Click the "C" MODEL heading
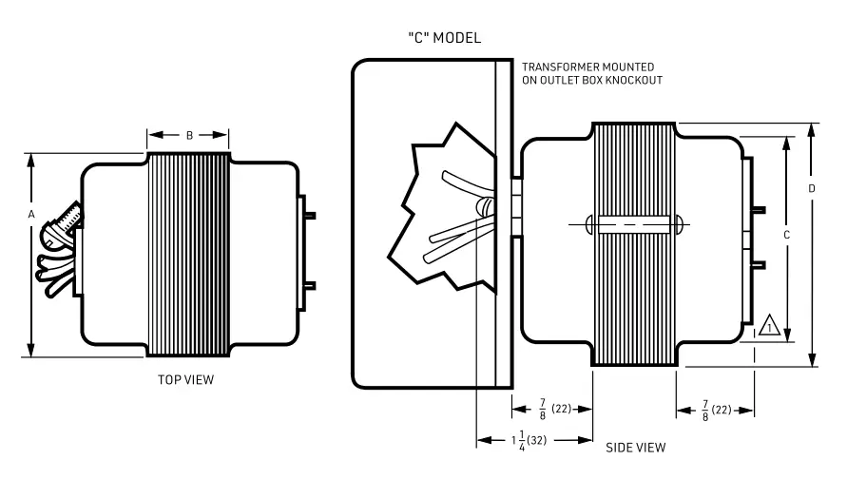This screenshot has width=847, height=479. tap(443, 38)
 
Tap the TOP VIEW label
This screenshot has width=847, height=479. tap(185, 380)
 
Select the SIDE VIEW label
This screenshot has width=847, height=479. tap(635, 447)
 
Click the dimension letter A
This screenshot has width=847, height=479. tap(31, 216)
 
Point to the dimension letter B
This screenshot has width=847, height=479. tap(189, 136)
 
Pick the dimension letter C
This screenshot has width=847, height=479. tap(786, 233)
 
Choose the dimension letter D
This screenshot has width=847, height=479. tap(811, 189)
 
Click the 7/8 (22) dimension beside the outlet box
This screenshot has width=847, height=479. tap(552, 410)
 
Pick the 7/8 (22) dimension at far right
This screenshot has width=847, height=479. tap(716, 410)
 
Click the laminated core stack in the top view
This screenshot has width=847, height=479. tap(188, 254)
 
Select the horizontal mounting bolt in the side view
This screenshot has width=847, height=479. tap(635, 225)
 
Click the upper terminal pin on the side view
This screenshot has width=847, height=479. tap(760, 209)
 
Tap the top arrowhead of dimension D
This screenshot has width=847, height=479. tap(812, 128)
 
